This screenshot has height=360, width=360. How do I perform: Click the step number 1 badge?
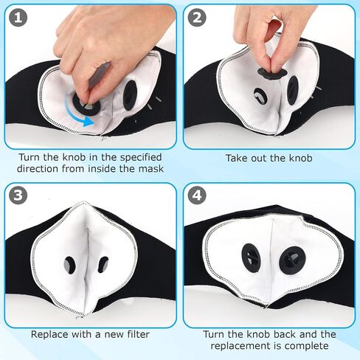pyautogui.click(x=18, y=18)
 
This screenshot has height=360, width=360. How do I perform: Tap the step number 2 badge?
pyautogui.click(x=197, y=18)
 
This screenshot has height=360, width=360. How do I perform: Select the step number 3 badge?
pyautogui.click(x=18, y=195)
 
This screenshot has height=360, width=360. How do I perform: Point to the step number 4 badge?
pyautogui.click(x=197, y=195)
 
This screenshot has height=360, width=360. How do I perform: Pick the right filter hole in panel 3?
pyautogui.click(x=103, y=265)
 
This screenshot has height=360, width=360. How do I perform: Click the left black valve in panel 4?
pyautogui.click(x=251, y=257)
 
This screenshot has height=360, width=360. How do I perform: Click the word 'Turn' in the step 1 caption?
pyautogui.click(x=30, y=157)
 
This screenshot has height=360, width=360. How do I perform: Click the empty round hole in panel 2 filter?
pyautogui.click(x=260, y=96)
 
